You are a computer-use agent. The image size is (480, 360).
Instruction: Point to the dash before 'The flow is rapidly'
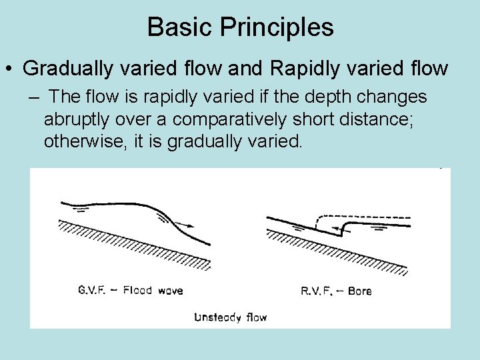pos(34,97)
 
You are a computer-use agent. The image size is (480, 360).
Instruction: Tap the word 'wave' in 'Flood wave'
pos(169,291)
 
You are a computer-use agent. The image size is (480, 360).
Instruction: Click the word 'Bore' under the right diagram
pos(359,291)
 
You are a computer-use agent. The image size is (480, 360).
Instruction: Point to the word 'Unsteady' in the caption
pos(217,317)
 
